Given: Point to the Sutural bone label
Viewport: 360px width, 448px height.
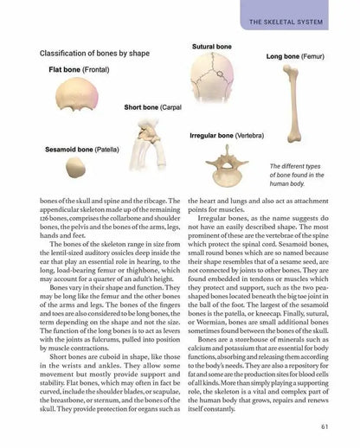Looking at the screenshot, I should [x=211, y=45].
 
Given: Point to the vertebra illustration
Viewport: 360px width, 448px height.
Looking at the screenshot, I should [x=228, y=169].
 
